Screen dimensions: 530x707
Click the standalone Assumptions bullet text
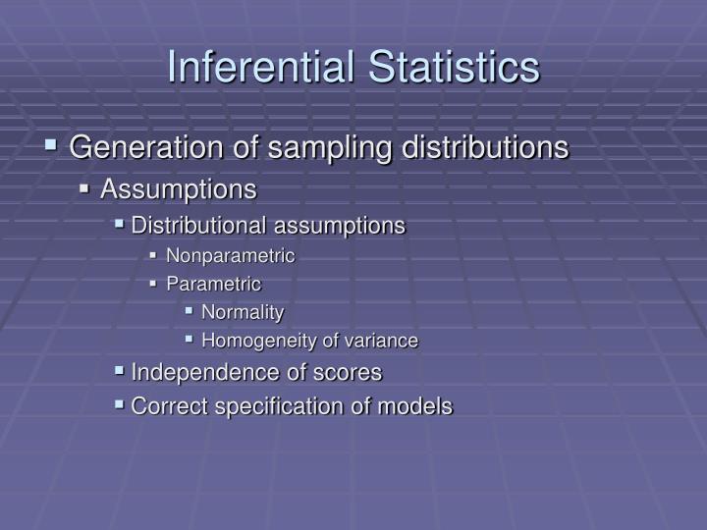(178, 187)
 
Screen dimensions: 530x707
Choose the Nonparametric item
(230, 256)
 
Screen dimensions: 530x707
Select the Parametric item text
(213, 285)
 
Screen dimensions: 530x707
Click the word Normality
(242, 313)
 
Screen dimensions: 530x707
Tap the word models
(418, 406)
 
